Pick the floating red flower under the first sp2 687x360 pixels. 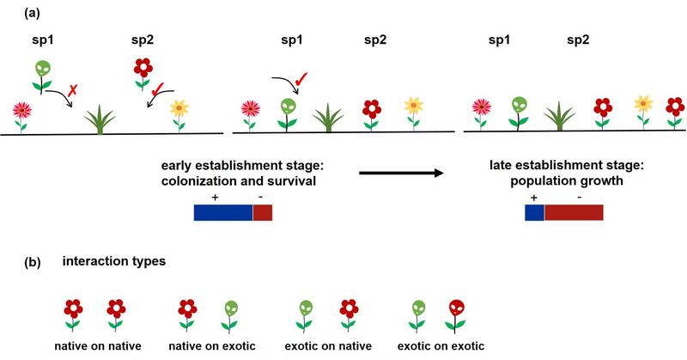[143, 67]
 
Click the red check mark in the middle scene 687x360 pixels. [301, 82]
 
